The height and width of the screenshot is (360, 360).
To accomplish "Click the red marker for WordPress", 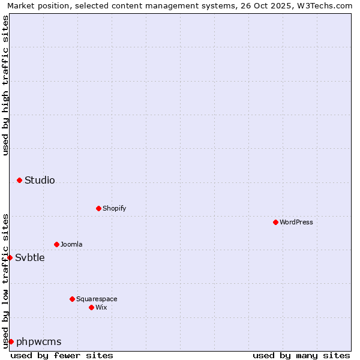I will click(275, 222).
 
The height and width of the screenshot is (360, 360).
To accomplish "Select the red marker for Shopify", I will click(98, 208).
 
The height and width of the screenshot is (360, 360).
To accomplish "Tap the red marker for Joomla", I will click(56, 244).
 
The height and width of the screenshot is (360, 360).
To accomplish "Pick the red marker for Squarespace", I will click(72, 299).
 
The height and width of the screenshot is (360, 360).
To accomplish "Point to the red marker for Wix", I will click(91, 307).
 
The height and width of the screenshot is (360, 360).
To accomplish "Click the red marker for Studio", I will click(19, 180).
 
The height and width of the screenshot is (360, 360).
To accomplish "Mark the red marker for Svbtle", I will click(10, 257).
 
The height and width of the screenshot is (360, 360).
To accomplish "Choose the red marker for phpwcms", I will click(11, 341).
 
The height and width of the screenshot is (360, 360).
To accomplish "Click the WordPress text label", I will click(296, 222).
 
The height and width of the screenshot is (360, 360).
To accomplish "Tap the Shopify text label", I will click(114, 208).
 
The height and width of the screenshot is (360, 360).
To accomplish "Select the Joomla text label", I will click(71, 244).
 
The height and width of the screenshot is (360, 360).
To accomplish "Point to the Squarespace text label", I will click(97, 299).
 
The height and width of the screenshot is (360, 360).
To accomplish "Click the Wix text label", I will click(101, 307).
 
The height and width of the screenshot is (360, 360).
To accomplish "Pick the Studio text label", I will click(40, 180).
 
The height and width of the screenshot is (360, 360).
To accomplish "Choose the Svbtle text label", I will click(30, 257).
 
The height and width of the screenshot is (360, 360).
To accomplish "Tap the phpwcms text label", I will click(39, 341).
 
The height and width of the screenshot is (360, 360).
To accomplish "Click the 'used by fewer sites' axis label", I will click(62, 355).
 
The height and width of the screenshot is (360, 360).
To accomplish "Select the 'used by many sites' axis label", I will click(301, 355).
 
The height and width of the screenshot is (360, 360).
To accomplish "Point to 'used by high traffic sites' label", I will click(5, 85).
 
